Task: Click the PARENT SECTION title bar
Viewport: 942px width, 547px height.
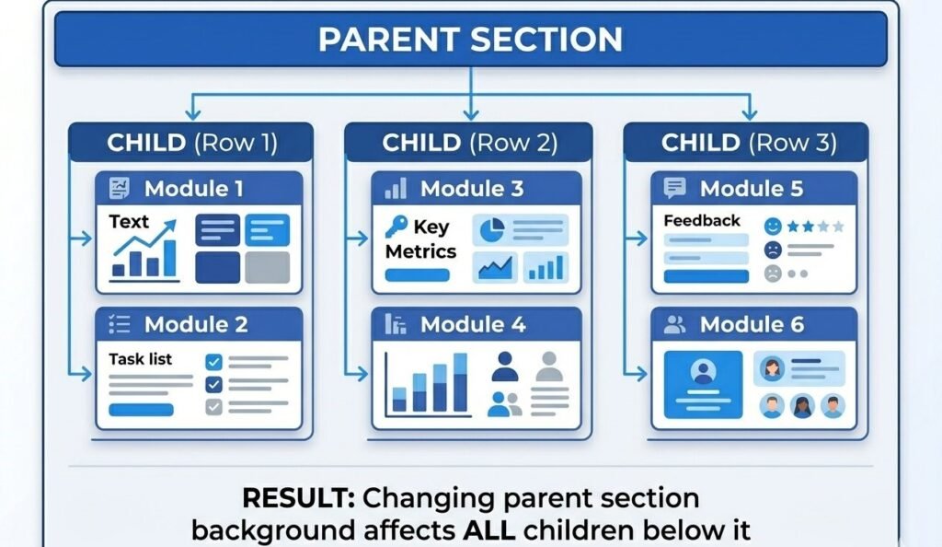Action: click(470, 40)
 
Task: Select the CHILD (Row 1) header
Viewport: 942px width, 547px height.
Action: click(191, 143)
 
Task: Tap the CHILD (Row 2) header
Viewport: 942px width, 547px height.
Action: click(469, 143)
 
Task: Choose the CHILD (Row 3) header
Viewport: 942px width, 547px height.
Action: click(748, 143)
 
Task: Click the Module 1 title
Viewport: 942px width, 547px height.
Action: click(193, 190)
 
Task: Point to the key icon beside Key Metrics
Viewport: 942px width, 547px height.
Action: click(396, 227)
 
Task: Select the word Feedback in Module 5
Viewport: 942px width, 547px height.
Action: click(702, 221)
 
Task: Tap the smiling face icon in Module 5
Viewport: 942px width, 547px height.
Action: click(773, 225)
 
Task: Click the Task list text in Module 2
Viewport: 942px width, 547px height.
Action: click(141, 359)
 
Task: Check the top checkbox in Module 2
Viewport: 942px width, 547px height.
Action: click(213, 362)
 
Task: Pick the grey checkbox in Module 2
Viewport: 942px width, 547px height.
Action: click(213, 406)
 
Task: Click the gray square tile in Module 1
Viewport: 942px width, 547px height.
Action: click(268, 267)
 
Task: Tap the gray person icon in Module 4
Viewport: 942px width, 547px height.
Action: click(549, 367)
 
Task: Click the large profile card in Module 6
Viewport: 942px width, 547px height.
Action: click(704, 384)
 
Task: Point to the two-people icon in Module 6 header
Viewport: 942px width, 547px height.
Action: click(675, 324)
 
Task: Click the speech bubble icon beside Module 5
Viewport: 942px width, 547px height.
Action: click(675, 189)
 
